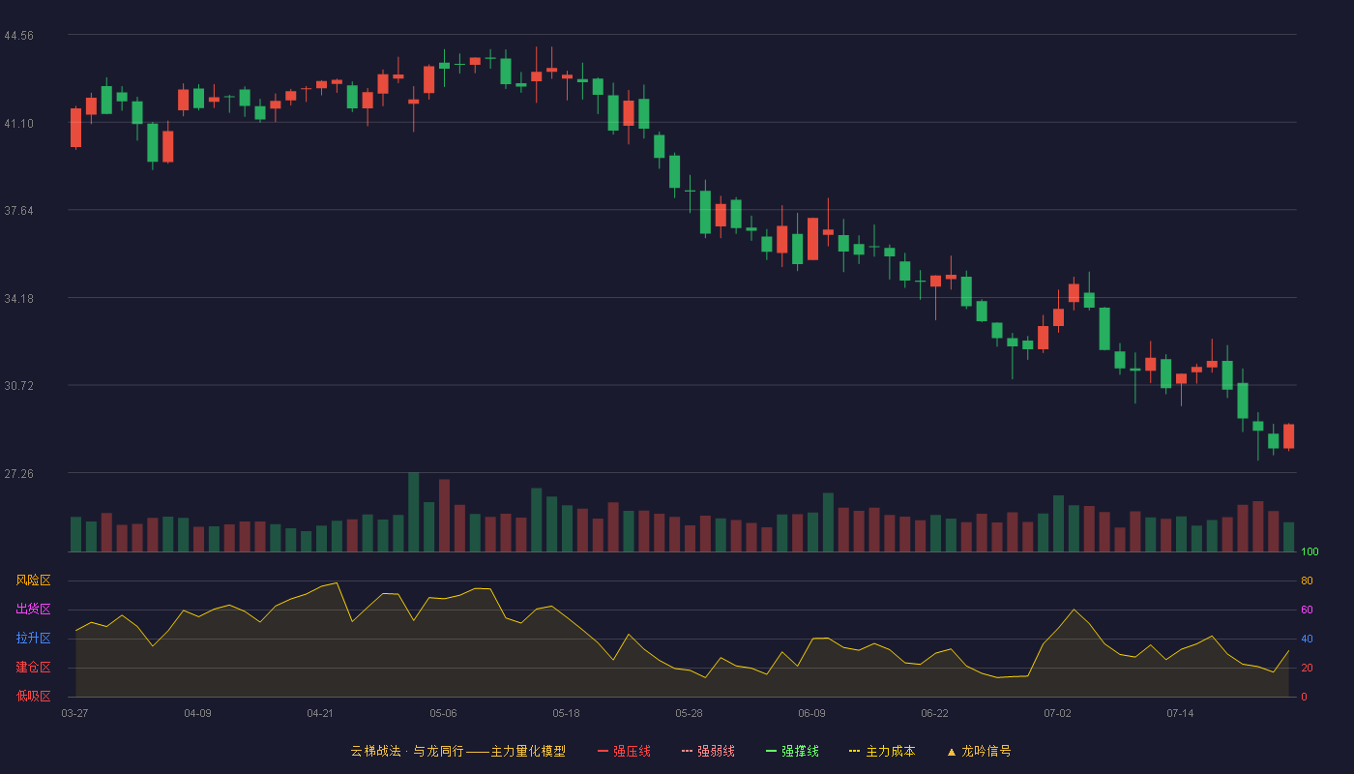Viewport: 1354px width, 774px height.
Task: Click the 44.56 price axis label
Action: tap(18, 36)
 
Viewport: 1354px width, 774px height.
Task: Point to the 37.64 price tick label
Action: tap(18, 211)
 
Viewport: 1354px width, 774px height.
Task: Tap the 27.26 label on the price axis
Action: tap(18, 474)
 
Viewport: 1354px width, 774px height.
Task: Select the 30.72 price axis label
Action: tap(18, 386)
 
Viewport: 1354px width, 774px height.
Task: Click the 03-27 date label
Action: tap(75, 714)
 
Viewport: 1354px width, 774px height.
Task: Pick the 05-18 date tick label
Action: tap(566, 714)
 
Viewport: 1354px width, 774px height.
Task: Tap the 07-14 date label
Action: tap(1180, 714)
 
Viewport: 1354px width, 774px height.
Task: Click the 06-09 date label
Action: tap(811, 714)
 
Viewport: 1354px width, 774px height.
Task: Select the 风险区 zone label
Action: tap(33, 580)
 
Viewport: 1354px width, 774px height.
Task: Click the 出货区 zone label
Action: tap(33, 609)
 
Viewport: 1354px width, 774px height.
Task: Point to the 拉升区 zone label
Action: tap(33, 638)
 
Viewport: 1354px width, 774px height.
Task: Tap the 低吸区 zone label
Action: tap(33, 696)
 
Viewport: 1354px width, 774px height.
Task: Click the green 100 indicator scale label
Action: tap(1310, 551)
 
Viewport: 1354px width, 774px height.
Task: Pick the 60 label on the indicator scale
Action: tap(1307, 610)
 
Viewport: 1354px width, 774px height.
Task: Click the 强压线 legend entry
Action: tap(624, 751)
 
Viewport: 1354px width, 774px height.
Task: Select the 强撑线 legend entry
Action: tap(792, 751)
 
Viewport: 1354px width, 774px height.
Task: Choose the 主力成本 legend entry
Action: tap(882, 751)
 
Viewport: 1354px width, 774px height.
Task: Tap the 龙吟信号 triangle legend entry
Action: tap(979, 751)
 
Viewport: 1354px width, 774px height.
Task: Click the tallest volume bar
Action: tap(414, 512)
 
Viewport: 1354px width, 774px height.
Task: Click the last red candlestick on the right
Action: tap(1288, 436)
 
